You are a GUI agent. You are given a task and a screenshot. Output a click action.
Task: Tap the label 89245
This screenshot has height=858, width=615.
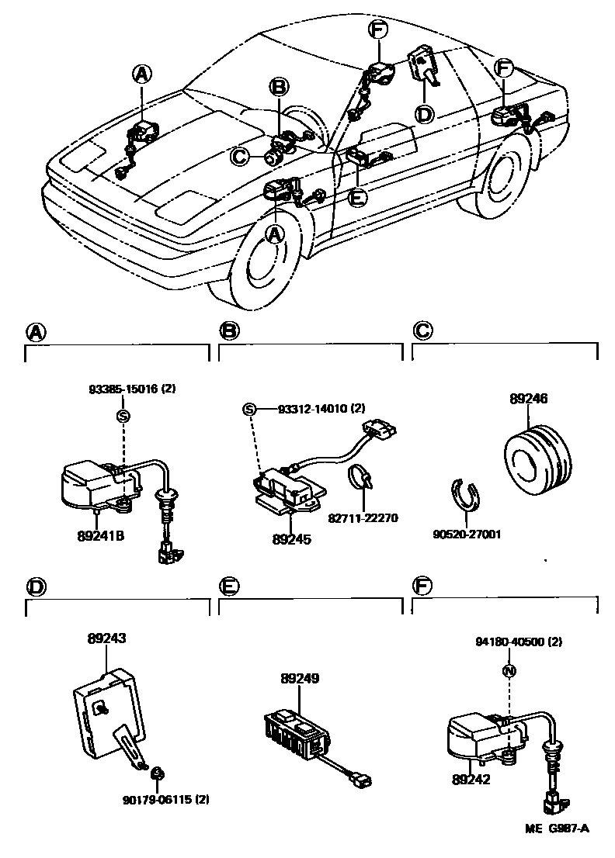coord(292,538)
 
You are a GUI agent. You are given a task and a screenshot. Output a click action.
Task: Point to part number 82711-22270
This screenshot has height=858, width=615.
coord(363,517)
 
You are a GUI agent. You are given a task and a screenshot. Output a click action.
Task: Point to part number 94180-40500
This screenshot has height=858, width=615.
coord(509,642)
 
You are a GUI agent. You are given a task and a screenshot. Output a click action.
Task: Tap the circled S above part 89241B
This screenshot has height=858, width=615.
coord(122,416)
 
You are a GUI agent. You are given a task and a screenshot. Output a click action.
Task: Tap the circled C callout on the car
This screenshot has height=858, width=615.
coord(240,157)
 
